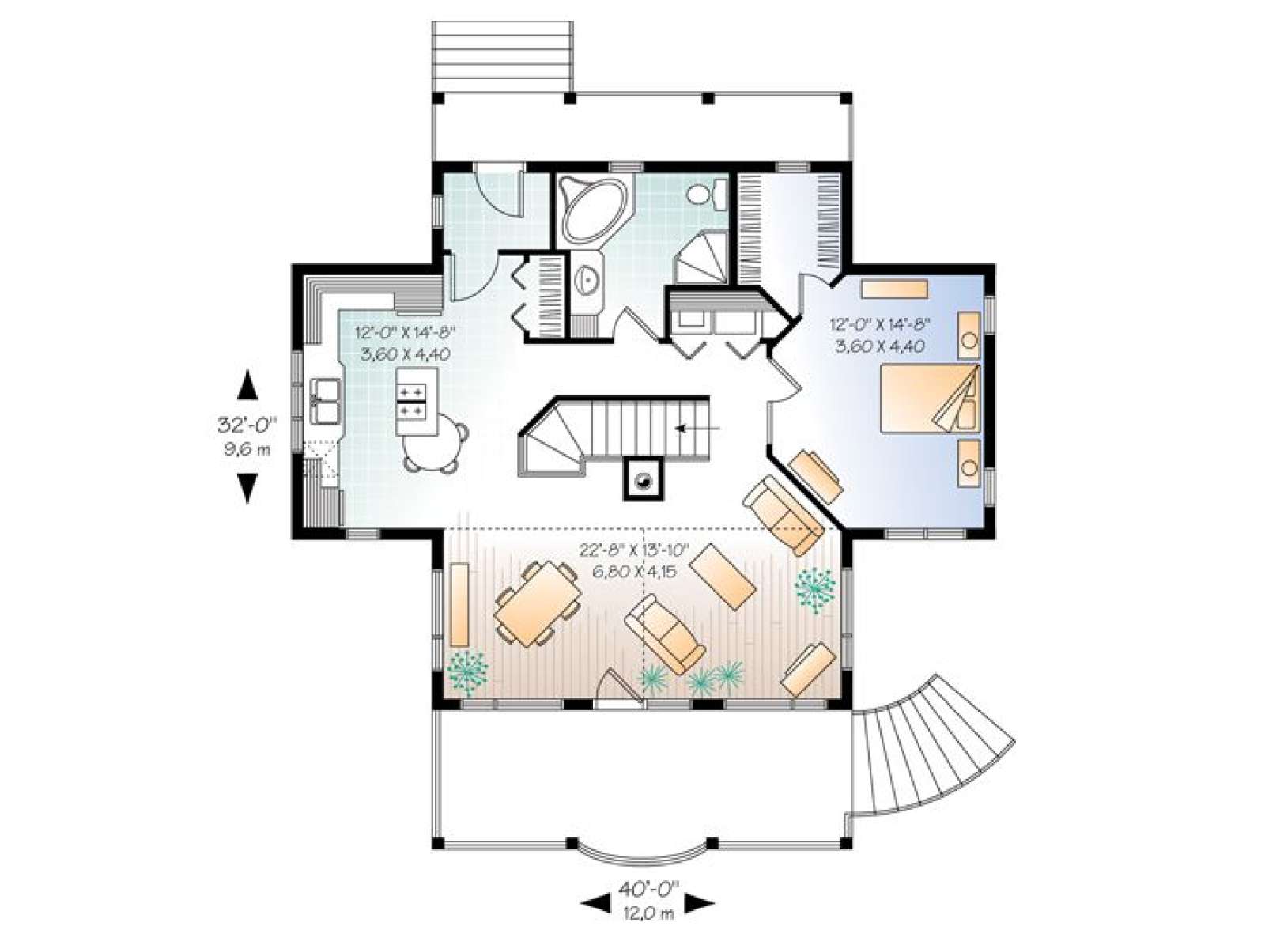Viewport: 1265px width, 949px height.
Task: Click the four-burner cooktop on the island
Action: coord(411,403)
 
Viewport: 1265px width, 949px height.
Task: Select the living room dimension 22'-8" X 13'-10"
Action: coord(634,550)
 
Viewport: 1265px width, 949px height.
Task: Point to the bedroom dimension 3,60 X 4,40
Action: coord(880,346)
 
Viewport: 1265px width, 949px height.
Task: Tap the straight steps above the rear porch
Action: coord(502,57)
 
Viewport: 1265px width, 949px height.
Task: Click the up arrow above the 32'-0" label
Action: coord(247,384)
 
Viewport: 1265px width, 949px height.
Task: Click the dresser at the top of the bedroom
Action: coord(894,289)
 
